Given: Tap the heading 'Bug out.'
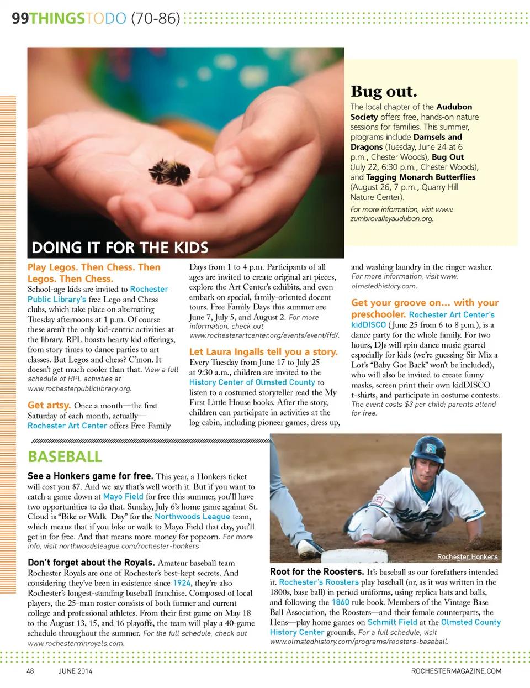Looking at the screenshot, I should tap(384, 91).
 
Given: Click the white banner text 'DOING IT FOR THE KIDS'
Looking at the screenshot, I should tap(120, 247).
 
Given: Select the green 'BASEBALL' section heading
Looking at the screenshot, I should tap(65, 456).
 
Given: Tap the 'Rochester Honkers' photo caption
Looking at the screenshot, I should tap(467, 556).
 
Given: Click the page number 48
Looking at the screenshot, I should tap(30, 671).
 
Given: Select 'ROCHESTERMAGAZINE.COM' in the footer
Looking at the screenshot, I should tap(456, 671).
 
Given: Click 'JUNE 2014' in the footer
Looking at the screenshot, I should tap(75, 671).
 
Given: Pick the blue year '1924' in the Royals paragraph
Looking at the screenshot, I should tap(182, 583).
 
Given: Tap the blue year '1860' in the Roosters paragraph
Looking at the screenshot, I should tap(340, 602).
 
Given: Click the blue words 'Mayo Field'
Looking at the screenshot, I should tap(123, 496).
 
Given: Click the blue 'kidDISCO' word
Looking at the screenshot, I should tap(368, 325).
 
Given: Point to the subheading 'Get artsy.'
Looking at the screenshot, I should tap(49, 405).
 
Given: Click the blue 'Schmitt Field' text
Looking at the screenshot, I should tap(392, 622).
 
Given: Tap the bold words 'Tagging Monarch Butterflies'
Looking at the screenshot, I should tap(421, 177).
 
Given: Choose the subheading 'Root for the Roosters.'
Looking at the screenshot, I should tap(316, 571).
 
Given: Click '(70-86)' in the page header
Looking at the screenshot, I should tap(156, 18).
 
